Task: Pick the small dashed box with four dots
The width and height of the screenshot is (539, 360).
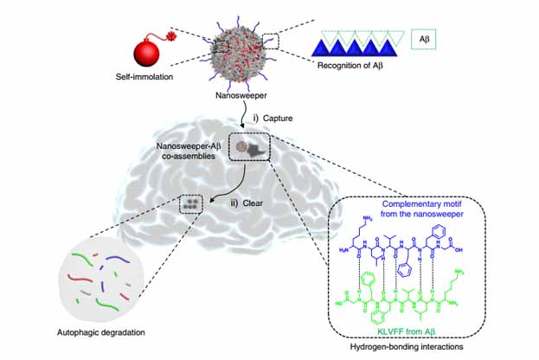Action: click(x=191, y=204)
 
